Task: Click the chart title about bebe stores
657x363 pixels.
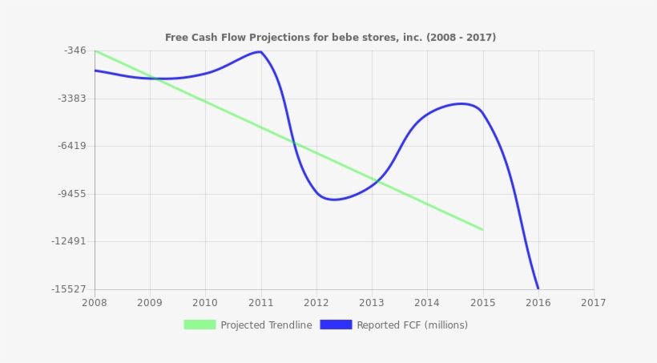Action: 330,38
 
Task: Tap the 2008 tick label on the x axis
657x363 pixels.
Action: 95,303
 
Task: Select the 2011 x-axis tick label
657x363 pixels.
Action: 260,303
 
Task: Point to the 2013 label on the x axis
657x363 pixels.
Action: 372,303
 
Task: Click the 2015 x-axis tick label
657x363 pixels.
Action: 482,303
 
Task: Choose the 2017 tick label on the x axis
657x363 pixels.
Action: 593,303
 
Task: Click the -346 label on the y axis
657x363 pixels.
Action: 75,50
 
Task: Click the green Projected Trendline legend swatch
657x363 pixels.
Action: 200,325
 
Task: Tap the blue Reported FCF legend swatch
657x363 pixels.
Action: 336,325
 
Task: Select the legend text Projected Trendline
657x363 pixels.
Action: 266,325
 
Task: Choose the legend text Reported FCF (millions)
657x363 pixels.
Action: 412,325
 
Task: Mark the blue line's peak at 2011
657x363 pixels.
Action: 260,52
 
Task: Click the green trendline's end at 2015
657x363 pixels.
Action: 482,230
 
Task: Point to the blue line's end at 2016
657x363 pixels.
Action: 538,288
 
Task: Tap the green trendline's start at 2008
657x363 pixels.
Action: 95,51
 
